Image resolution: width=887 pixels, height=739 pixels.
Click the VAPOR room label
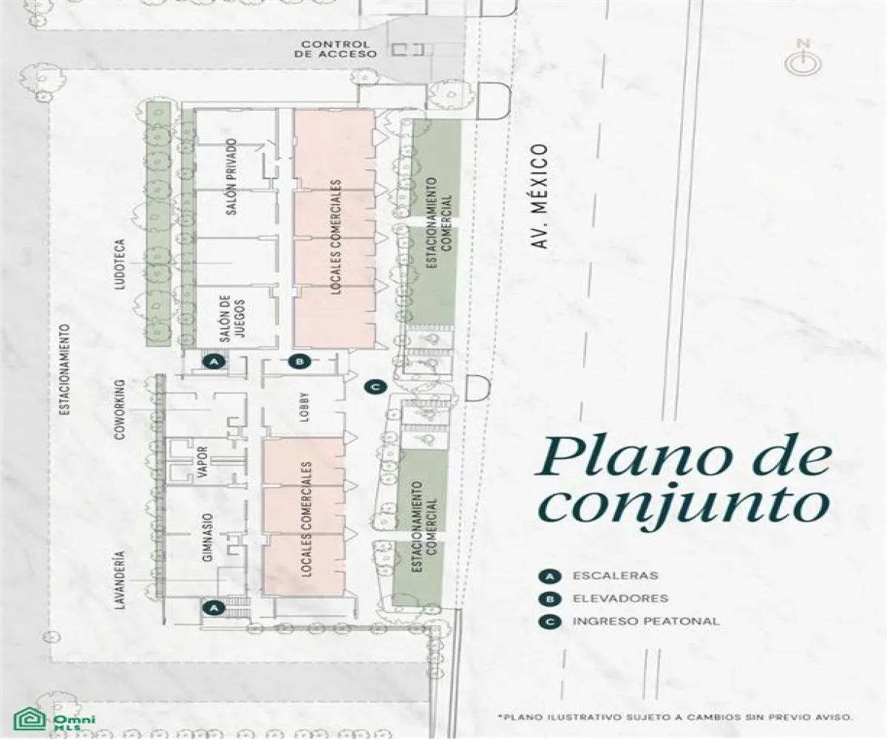(x=201, y=463)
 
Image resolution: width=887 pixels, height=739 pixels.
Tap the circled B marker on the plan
(x=299, y=361)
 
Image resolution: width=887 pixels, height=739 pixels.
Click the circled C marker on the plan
(x=375, y=385)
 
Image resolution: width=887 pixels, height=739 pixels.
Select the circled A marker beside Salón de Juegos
(x=214, y=361)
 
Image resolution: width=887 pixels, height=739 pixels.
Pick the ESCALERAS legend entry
(x=615, y=575)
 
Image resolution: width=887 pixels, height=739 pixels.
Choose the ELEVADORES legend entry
(x=620, y=598)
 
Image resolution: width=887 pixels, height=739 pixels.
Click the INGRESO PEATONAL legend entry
(x=645, y=621)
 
